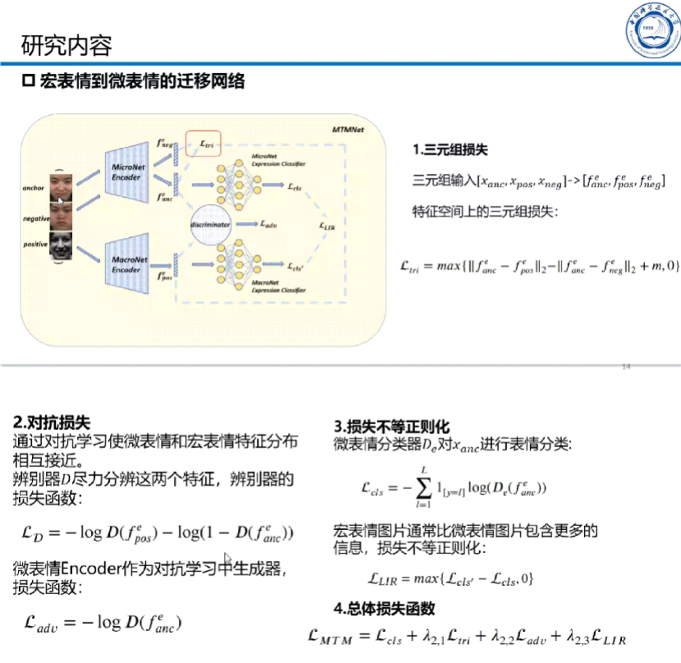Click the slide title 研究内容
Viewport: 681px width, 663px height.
(66, 45)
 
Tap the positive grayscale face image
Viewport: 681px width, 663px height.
(62, 245)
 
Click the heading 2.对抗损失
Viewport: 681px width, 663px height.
(51, 423)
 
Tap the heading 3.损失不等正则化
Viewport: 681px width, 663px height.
(392, 428)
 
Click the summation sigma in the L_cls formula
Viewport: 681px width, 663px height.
(423, 488)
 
